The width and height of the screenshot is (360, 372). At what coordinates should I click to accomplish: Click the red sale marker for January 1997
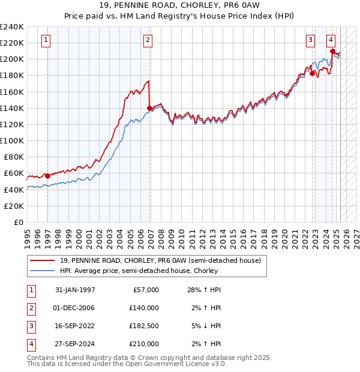(47, 176)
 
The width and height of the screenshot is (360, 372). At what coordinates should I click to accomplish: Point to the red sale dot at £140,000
(149, 108)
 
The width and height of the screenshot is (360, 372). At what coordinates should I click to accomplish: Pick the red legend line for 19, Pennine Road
(43, 261)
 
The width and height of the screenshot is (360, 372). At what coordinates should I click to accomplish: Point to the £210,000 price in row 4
(144, 344)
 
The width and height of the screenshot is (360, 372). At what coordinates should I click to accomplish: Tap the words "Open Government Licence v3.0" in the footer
(178, 364)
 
